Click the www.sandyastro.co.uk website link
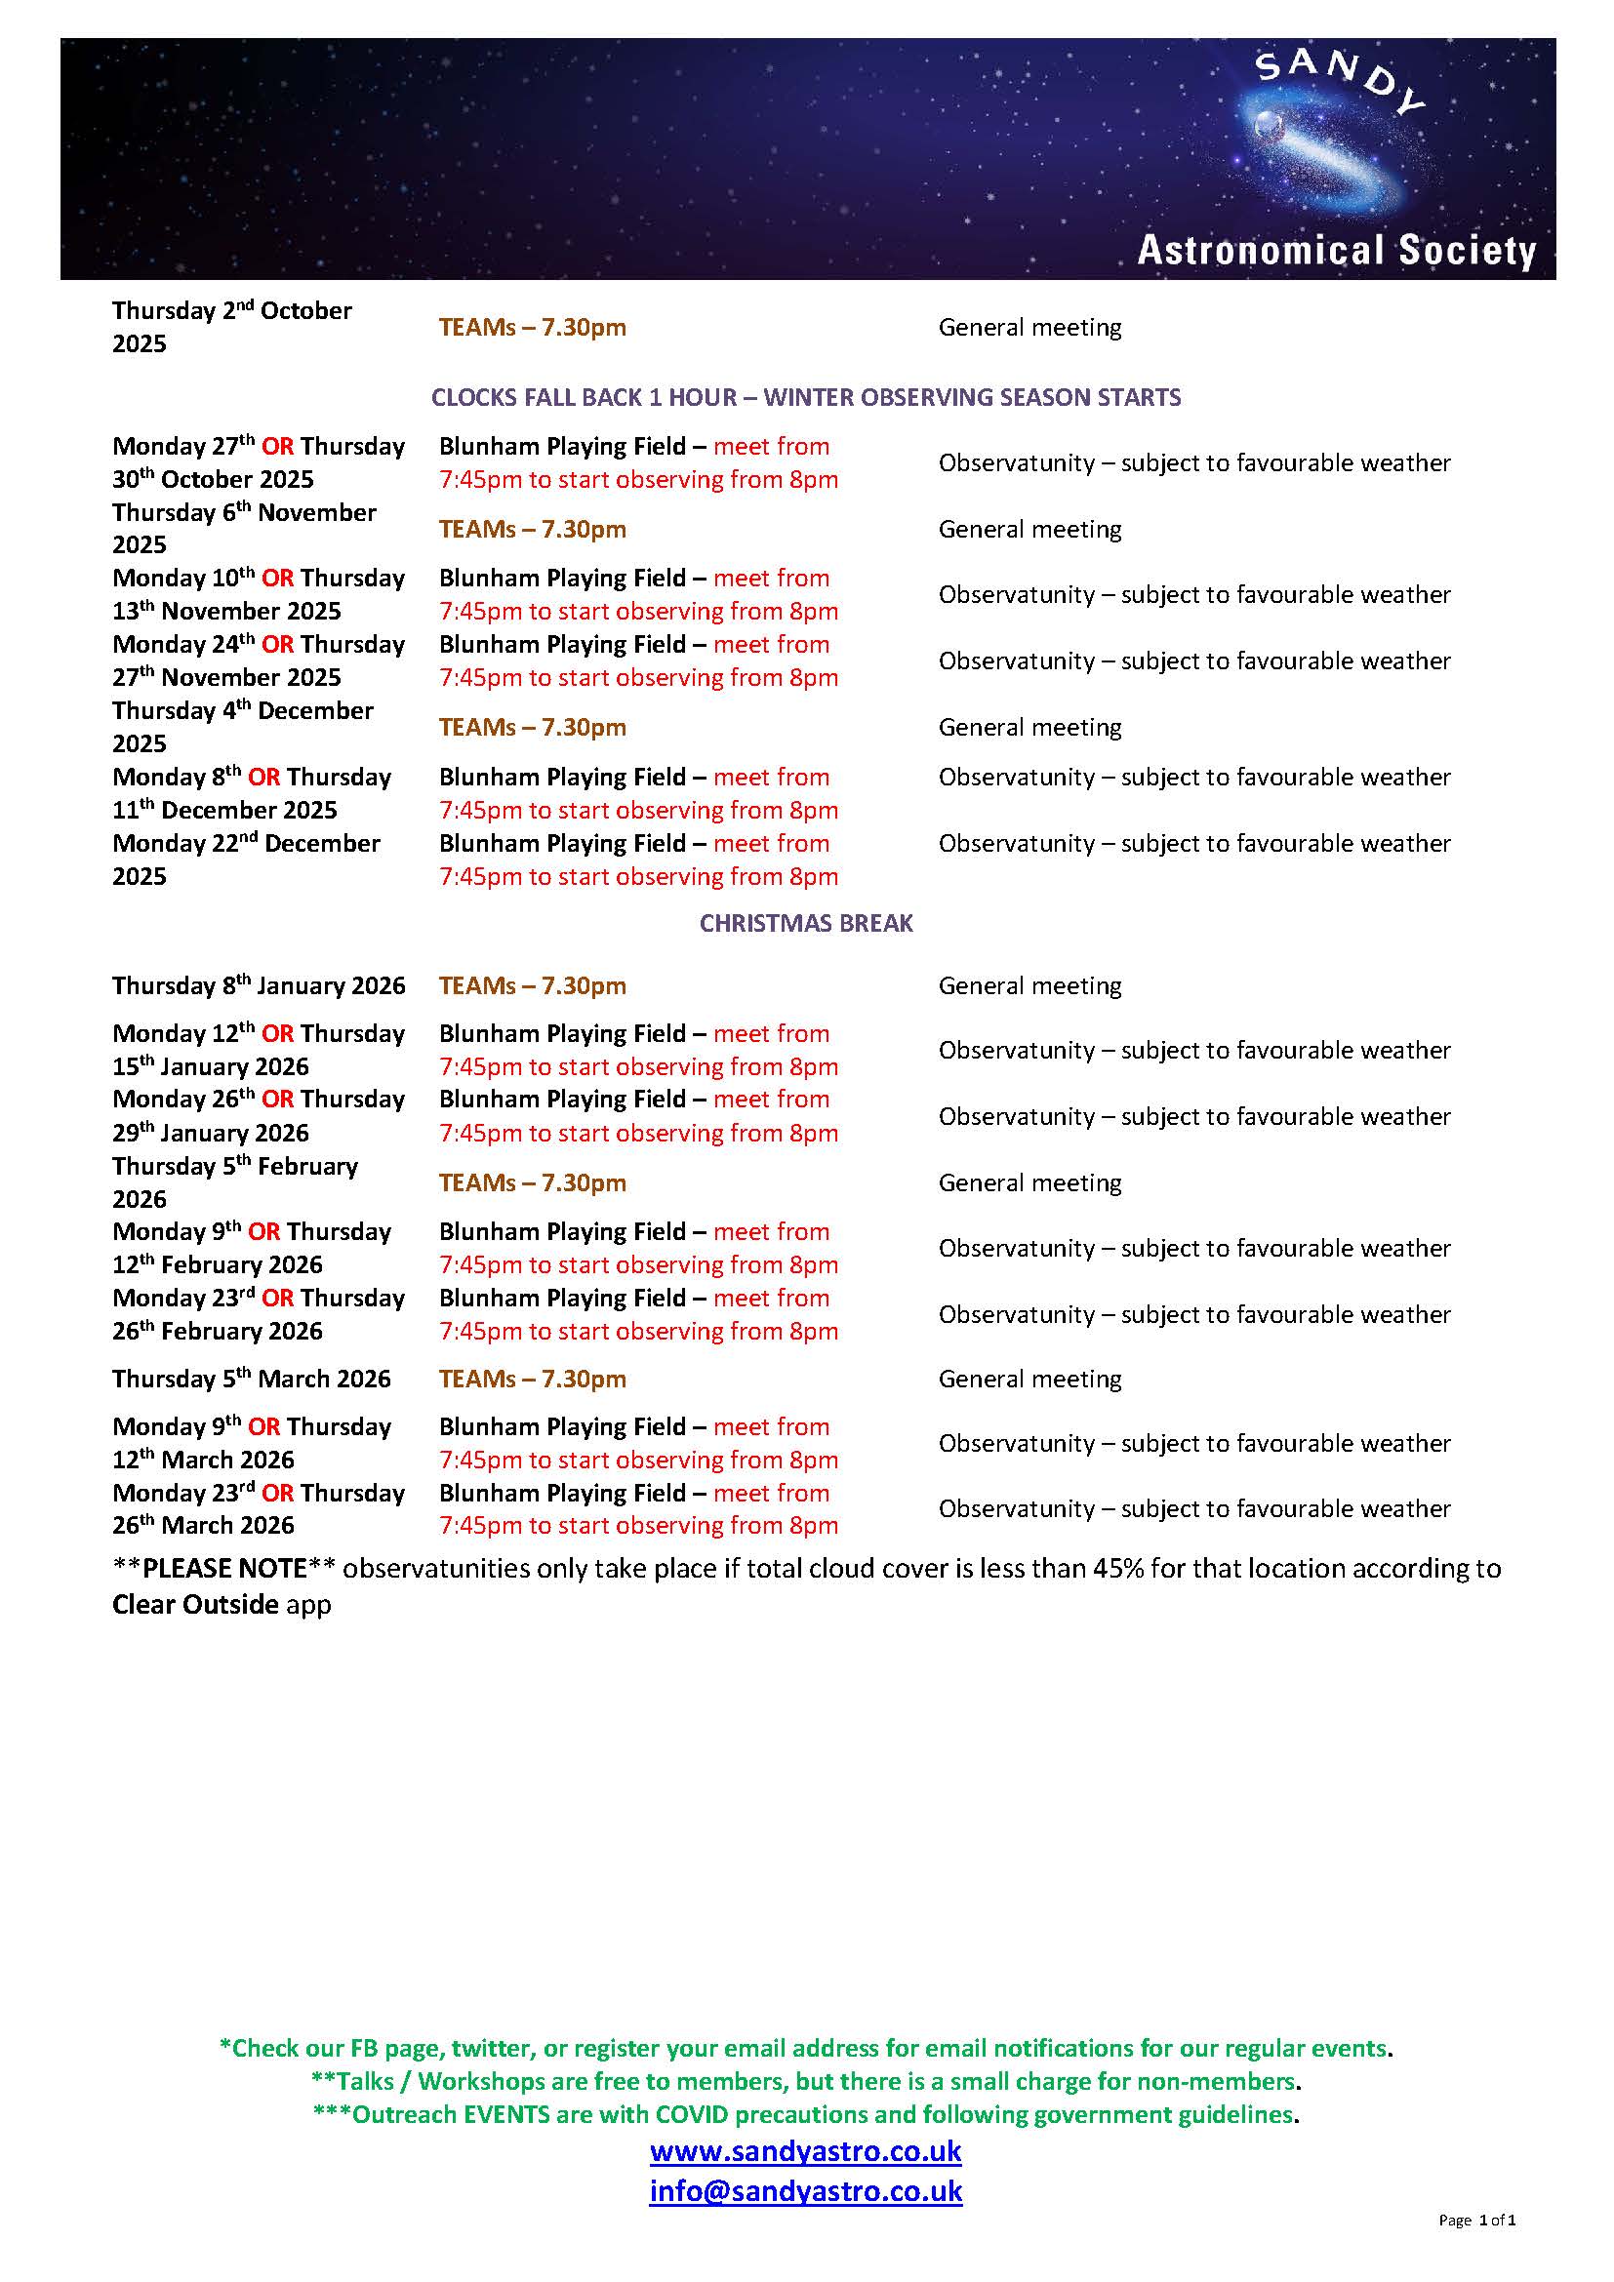tap(805, 2153)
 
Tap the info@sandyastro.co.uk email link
tap(805, 2191)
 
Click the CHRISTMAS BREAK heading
tap(806, 923)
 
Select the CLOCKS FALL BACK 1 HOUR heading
tap(806, 397)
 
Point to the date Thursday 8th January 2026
tap(259, 986)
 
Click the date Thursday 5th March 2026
tap(252, 1380)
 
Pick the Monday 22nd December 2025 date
tap(246, 860)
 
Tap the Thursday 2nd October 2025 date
tap(231, 327)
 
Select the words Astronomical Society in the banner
tap(1337, 251)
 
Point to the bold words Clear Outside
tap(195, 1605)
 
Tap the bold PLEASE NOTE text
tap(224, 1569)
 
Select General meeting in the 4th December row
tap(1029, 728)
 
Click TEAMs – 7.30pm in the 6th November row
tap(533, 530)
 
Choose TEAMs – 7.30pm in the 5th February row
tap(533, 1183)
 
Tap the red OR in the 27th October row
tap(278, 447)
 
